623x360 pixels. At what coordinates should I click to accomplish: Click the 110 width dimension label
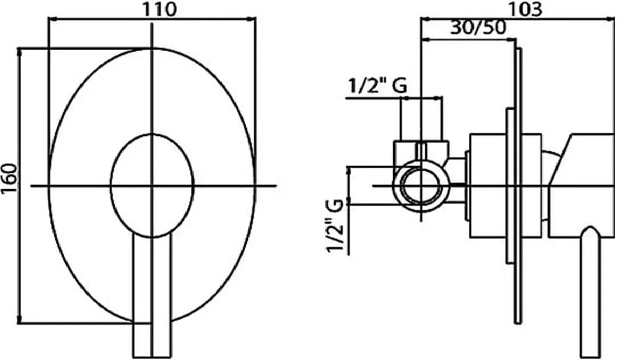[x=160, y=9]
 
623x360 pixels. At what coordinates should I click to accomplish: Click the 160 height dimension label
[x=9, y=179]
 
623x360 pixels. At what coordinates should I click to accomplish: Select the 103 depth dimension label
[x=525, y=9]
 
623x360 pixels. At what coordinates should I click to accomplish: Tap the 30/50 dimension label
[x=478, y=27]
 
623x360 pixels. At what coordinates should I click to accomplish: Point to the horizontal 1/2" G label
[x=378, y=85]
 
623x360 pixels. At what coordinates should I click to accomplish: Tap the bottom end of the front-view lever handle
[x=152, y=357]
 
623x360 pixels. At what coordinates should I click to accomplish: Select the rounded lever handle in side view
[x=590, y=292]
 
